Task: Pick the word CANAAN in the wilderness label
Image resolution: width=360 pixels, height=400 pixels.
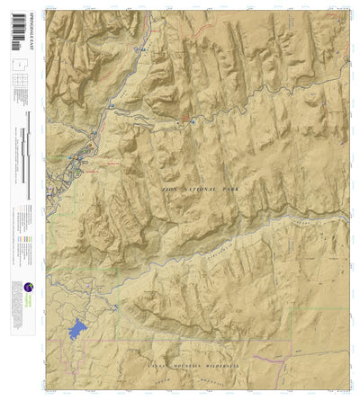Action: (x=148, y=368)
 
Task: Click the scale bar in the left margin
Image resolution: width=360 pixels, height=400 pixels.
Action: (x=28, y=153)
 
